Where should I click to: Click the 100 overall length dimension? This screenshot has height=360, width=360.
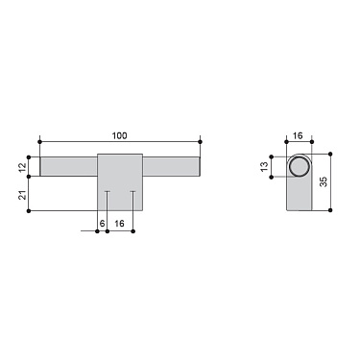119,134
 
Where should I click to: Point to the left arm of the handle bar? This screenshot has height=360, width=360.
68,166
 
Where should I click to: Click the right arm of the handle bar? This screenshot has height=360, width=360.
171,166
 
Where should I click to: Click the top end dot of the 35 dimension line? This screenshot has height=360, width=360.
329,153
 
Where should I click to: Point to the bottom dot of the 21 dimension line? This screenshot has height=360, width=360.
29,210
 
